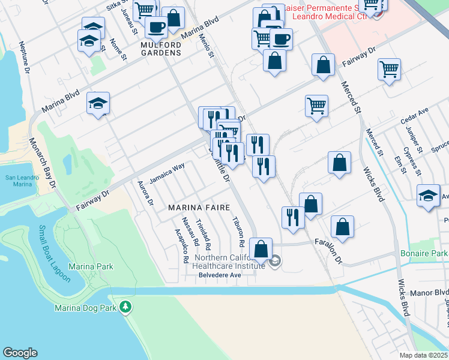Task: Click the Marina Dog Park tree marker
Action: click(125, 307)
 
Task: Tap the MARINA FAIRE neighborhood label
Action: click(199, 208)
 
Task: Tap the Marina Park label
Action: click(91, 266)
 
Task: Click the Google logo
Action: click(20, 353)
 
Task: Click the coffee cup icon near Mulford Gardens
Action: click(156, 28)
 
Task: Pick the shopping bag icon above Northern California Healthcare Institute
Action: click(261, 248)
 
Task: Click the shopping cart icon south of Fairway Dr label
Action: click(316, 106)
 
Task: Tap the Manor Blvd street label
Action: click(429, 293)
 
